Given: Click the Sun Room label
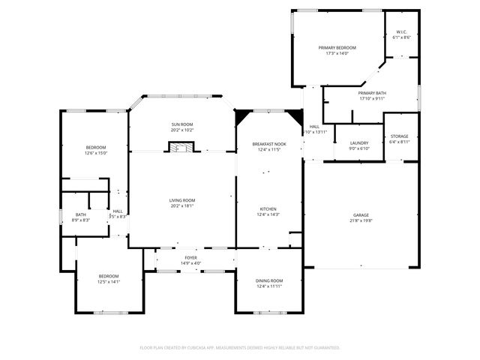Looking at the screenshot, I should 182,124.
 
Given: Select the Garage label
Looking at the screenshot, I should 361,215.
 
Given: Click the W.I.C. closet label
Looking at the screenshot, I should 401,31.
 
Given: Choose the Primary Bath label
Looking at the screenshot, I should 371,93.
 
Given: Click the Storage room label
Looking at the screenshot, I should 400,136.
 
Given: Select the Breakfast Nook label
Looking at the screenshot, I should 268,143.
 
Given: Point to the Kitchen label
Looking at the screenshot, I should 268,208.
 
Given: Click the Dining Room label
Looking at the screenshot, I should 269,280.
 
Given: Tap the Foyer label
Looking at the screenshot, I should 191,257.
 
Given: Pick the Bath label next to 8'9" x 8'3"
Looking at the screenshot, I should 80,214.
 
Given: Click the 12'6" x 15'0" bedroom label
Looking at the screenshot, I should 96,146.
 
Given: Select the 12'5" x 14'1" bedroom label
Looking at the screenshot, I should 108,277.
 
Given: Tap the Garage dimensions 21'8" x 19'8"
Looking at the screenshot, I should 361,221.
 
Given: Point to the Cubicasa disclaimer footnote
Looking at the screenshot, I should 240,348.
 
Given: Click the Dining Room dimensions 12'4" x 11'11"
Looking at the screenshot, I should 269,286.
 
